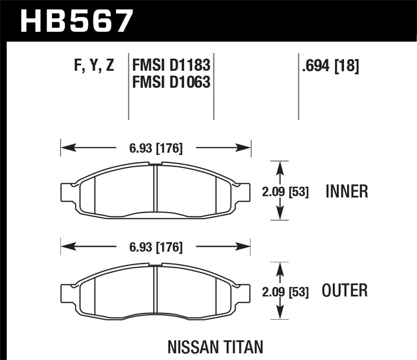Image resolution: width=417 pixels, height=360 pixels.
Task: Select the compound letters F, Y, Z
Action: [94, 66]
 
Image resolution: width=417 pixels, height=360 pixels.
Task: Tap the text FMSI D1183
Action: [171, 66]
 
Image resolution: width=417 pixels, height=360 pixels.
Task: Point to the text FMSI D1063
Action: [171, 82]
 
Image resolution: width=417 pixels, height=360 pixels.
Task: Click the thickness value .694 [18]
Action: [331, 66]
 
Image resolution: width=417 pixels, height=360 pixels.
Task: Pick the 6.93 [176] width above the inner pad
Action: [156, 148]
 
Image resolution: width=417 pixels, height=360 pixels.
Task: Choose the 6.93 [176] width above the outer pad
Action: [156, 247]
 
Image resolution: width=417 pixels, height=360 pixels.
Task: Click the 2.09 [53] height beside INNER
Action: [285, 192]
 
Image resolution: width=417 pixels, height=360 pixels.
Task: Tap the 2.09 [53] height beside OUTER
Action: [285, 292]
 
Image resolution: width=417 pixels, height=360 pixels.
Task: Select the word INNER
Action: [347, 192]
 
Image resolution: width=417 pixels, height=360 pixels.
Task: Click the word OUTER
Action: [345, 291]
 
